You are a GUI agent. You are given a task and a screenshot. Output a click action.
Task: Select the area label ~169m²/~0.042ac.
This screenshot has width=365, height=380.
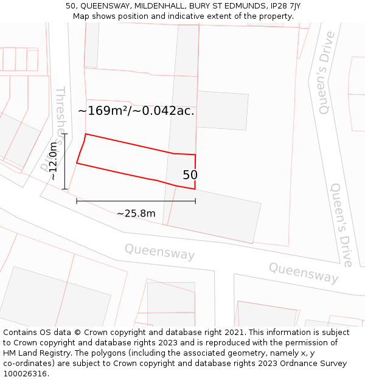[x=136, y=111]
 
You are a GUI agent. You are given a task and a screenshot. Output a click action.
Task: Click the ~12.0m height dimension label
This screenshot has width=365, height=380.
[x=54, y=161]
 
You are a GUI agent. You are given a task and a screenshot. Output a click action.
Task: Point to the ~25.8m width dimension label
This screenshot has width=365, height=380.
[x=136, y=213]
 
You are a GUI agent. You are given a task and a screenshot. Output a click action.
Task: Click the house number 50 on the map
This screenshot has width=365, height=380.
[x=190, y=175]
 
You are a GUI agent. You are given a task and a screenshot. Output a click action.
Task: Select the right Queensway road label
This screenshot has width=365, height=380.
[x=303, y=272]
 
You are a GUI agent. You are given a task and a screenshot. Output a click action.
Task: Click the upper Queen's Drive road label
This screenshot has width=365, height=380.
[x=326, y=73]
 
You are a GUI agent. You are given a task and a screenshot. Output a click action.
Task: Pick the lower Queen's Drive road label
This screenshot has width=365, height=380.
[x=341, y=225]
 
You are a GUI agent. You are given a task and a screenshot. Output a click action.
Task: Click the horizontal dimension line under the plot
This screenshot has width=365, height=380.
[x=136, y=201]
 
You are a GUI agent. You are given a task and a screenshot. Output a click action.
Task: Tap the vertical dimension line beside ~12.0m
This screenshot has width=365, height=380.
[x=64, y=161]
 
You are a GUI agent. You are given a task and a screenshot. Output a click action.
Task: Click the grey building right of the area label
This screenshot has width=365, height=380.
[x=223, y=110]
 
